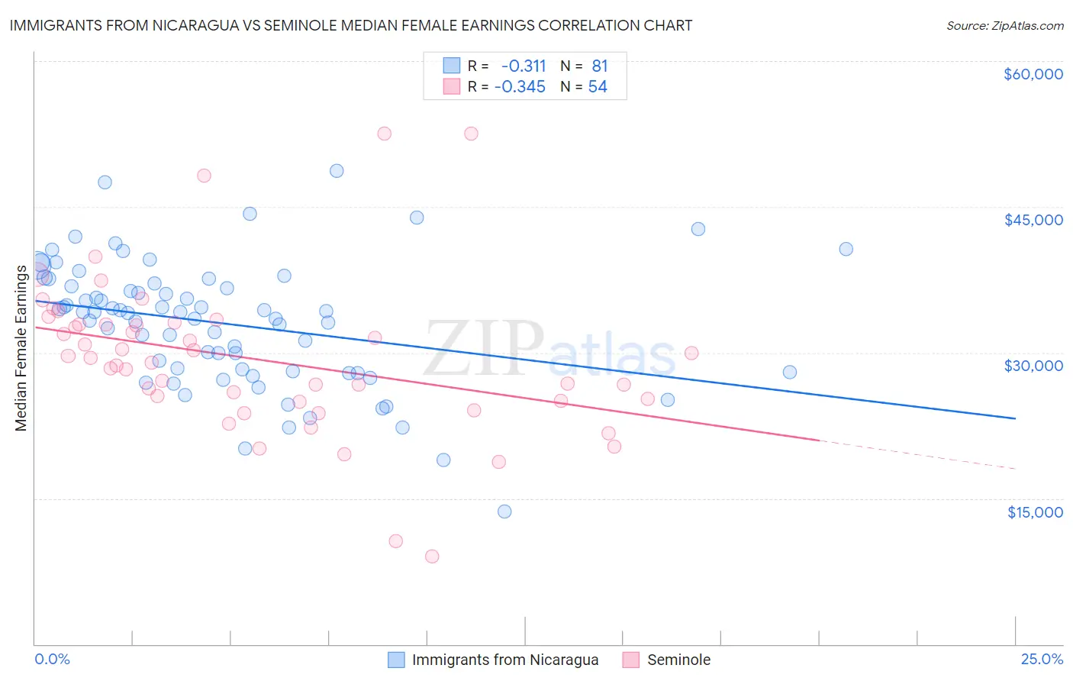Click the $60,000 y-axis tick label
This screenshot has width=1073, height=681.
click(x=1033, y=74)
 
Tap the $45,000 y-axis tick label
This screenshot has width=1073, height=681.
click(x=1033, y=220)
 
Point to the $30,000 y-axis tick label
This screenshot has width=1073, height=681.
click(x=1033, y=366)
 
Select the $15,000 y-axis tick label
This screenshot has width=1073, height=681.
click(x=1035, y=512)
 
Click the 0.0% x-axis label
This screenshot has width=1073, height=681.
click(x=52, y=660)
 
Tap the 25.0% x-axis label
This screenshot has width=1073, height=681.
click(x=1042, y=660)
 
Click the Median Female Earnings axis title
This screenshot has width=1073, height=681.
click(x=21, y=348)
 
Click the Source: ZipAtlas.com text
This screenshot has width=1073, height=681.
click(x=1004, y=26)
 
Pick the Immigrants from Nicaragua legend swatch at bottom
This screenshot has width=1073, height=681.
click(x=396, y=660)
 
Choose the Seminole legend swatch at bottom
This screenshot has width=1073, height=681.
click(x=630, y=660)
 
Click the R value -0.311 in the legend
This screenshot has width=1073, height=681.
click(x=524, y=66)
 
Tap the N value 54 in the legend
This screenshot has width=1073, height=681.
click(x=598, y=87)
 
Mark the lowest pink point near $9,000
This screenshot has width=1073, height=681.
click(x=432, y=557)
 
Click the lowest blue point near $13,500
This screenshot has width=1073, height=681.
click(x=504, y=512)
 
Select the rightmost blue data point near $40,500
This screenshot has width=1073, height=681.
click(x=846, y=249)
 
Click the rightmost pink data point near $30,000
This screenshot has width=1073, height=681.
click(x=691, y=353)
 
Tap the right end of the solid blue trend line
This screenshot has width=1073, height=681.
click(x=1015, y=418)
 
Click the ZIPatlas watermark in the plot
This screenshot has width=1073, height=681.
click(x=549, y=350)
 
